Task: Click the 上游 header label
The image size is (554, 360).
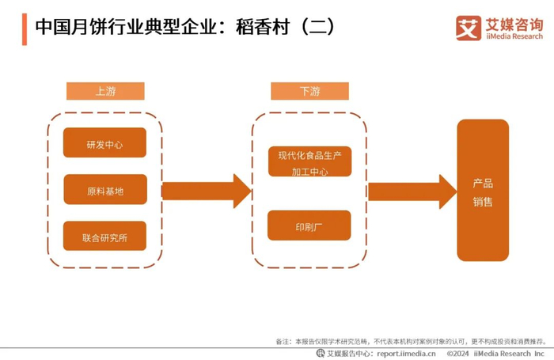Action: pos(105,91)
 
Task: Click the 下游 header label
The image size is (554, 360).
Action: pos(310,91)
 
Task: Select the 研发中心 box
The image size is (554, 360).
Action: pos(104,142)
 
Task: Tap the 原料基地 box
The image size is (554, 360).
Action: pos(105,189)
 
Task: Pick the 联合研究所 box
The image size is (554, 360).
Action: pos(104,236)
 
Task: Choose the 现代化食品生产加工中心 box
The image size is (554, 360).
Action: pos(310,161)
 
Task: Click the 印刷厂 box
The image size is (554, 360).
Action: pos(309,225)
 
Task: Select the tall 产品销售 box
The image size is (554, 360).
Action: pos(483,191)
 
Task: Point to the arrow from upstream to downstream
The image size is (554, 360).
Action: pos(207,191)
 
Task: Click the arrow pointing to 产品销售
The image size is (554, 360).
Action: pos(412,191)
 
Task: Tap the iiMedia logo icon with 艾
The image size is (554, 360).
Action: pos(469,28)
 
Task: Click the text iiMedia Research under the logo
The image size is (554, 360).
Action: pos(514,36)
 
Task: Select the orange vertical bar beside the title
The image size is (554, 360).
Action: pos(25,29)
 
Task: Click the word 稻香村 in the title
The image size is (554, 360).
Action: pos(263,27)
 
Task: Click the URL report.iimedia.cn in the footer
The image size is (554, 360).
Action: pos(406,354)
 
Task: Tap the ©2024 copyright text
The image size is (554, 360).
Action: pos(458,354)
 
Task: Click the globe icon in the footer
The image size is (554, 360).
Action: pos(321,353)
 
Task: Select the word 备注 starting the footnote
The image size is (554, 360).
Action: pos(283,342)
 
